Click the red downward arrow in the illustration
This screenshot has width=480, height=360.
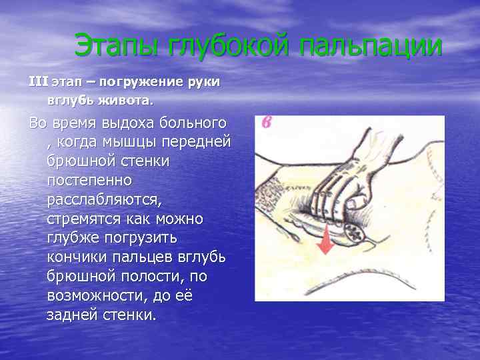point(326,239)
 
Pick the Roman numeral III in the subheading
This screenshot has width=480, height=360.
point(37,81)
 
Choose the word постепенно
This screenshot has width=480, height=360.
point(89,180)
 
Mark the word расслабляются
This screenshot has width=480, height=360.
point(104,199)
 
